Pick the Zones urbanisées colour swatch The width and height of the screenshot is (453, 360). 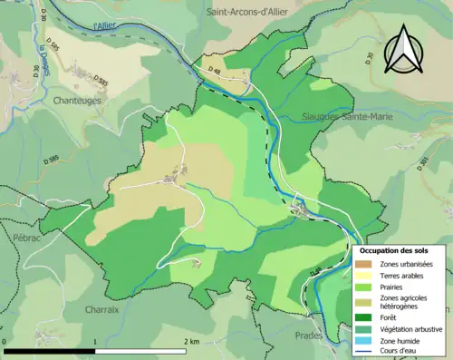point(363,264)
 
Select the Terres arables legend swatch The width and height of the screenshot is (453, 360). point(363,276)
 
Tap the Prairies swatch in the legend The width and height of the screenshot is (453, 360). point(363,287)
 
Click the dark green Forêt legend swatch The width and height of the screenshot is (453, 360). point(363,317)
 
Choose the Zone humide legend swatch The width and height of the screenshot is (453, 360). point(363,341)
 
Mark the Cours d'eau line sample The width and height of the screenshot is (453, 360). point(363,352)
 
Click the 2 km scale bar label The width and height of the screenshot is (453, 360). point(191,341)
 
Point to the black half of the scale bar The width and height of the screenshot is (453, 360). point(51,350)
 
